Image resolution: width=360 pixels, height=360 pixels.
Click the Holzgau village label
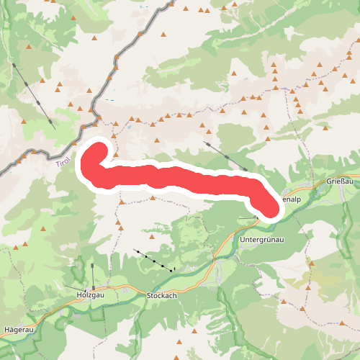coord(91,294)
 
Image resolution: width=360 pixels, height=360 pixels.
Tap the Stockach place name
coord(161,296)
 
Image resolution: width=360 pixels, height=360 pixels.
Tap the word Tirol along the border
coord(63,163)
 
